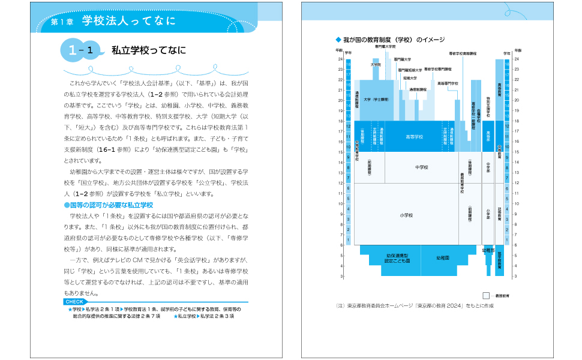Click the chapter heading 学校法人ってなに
[x=128, y=22]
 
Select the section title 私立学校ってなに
[x=149, y=50]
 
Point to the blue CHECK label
[x=74, y=302]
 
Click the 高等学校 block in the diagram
[x=415, y=137]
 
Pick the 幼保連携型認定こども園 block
[x=397, y=259]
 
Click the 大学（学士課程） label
[x=376, y=100]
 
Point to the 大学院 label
[x=376, y=65]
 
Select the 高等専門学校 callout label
[x=448, y=83]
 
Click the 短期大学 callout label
[x=410, y=78]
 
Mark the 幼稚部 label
[x=488, y=249]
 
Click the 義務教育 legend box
[x=486, y=295]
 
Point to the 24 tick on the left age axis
[x=340, y=59]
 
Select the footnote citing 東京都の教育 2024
[x=415, y=305]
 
